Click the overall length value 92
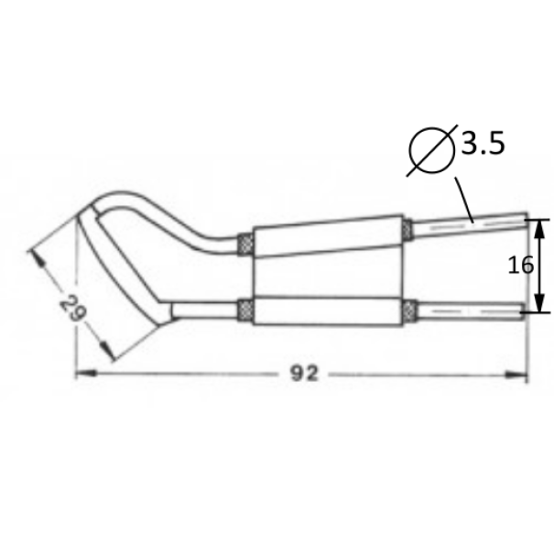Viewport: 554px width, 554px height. pos(301,375)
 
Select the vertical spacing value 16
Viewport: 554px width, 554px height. pos(520,266)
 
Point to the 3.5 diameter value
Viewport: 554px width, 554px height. pos(483,144)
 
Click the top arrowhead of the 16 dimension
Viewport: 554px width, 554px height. pos(540,224)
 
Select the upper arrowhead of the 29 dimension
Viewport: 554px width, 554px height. pos(38,257)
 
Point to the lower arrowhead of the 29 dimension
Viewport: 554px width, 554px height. pos(109,352)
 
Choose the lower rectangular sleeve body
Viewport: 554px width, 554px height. pos(330,309)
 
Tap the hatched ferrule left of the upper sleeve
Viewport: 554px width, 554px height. pos(246,244)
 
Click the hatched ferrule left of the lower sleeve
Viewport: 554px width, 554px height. pos(246,310)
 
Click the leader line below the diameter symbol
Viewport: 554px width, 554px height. pos(460,195)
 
